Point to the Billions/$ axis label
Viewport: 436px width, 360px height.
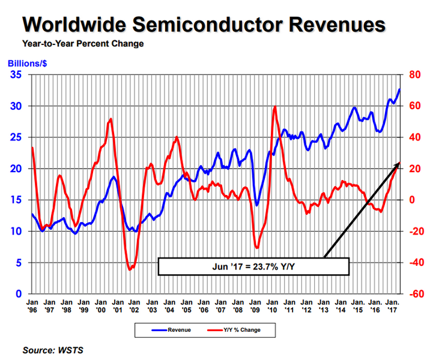pyautogui.click(x=28, y=63)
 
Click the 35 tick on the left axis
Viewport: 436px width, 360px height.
pyautogui.click(x=16, y=75)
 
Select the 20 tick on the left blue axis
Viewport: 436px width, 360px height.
pyautogui.click(x=16, y=169)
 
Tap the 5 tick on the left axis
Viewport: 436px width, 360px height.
pyautogui.click(x=18, y=262)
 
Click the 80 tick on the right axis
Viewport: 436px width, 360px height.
pyautogui.click(x=414, y=75)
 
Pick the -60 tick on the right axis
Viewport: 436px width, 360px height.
pyautogui.click(x=415, y=293)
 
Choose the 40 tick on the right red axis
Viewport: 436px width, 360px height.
pyautogui.click(x=414, y=137)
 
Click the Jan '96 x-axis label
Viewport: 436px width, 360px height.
pyautogui.click(x=32, y=306)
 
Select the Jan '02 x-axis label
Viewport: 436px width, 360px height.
pyautogui.click(x=135, y=306)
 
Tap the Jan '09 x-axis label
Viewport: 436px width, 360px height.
pyautogui.click(x=255, y=306)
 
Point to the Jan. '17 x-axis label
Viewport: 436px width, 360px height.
pyautogui.click(x=393, y=306)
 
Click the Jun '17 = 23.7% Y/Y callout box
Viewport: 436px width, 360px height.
pyautogui.click(x=253, y=266)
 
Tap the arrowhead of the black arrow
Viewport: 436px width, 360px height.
pyautogui.click(x=399, y=163)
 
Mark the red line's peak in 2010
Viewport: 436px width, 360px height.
pyautogui.click(x=275, y=107)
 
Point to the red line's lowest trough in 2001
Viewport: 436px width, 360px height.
pyautogui.click(x=130, y=270)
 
